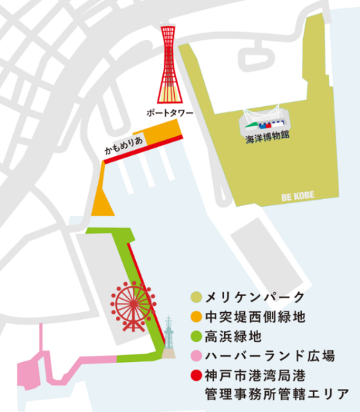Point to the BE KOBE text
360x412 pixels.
[x=298, y=196]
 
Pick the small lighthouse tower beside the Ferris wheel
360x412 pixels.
[x=169, y=336]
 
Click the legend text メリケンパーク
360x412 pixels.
[x=255, y=298]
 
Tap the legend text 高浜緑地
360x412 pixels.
[x=235, y=338]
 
